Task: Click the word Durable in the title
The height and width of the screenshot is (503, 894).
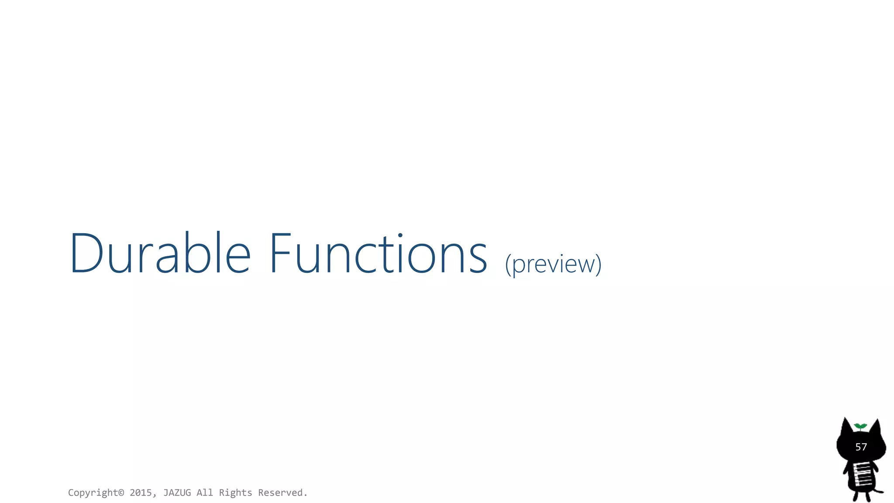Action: point(160,254)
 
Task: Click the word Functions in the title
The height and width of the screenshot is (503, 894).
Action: point(378,254)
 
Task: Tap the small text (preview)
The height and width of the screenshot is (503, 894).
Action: point(553,264)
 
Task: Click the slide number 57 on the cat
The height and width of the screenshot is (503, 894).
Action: point(861,447)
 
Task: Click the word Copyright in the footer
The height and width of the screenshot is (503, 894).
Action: point(93,493)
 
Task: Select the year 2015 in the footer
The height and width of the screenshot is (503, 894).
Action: point(141,493)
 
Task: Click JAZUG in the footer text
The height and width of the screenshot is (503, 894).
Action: point(177,493)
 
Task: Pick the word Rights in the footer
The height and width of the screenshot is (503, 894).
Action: point(235,493)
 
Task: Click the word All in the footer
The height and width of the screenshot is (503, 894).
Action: point(205,493)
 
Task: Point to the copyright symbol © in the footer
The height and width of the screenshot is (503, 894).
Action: point(121,493)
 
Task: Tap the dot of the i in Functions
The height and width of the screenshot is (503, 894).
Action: point(400,236)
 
